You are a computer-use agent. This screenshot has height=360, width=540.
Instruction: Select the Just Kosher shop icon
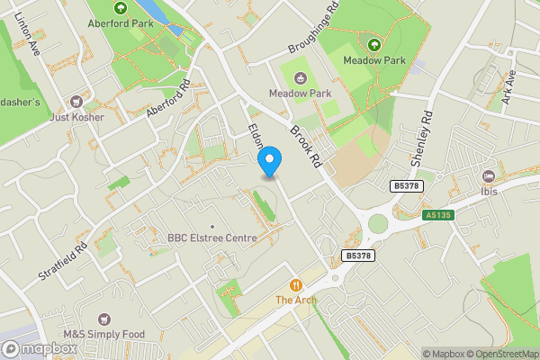point(76,101)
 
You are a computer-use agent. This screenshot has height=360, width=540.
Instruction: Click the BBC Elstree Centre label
point(212,238)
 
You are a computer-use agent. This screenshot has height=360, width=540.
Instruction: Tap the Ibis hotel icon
point(489,175)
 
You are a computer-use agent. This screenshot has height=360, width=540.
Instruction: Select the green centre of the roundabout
point(377,223)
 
